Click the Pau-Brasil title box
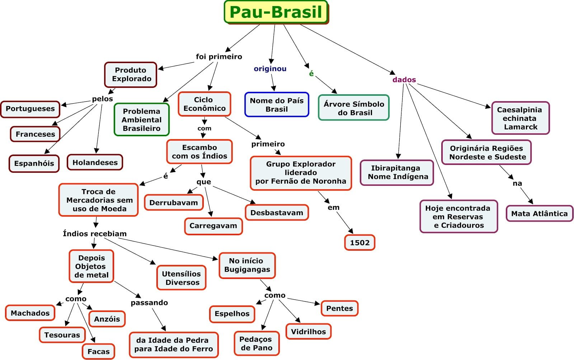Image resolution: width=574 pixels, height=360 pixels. coord(276,12)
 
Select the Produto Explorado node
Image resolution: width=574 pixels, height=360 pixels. coord(131,75)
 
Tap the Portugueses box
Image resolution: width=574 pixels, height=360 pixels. coord(30,109)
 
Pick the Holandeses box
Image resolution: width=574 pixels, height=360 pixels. coord(95,162)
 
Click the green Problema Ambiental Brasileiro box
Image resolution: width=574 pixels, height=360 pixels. coord(141,120)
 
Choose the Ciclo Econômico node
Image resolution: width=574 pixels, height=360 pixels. coord(204,104)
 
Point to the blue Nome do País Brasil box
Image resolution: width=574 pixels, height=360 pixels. coord(277,105)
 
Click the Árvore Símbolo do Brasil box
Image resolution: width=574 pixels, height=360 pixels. coord(354,108)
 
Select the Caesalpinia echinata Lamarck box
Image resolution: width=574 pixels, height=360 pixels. coord(520,118)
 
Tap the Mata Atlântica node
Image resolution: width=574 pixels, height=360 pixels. coord(539,214)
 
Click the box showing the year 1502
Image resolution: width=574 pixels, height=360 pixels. coord(359,243)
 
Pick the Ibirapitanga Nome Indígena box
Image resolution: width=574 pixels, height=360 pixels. coord(397,172)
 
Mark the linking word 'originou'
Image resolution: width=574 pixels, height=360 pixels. coord(270,68)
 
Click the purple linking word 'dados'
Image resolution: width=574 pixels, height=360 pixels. coord(404,80)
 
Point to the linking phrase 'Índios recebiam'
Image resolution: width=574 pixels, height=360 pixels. coord(95,234)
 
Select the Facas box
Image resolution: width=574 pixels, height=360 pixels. coord(98,351)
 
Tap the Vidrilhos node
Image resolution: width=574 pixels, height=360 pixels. coord(308,332)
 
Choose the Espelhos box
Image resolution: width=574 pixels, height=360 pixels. coord(232,314)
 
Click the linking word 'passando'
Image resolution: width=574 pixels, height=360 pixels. coord(149,303)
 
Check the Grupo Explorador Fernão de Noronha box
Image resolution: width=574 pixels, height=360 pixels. coord(301,173)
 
